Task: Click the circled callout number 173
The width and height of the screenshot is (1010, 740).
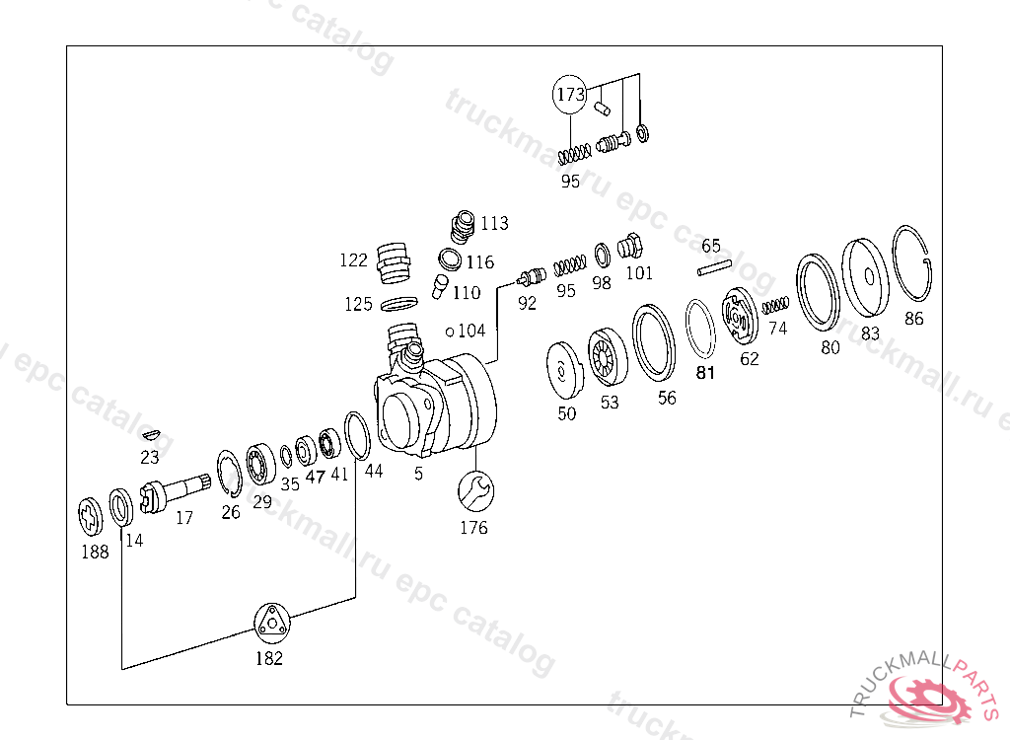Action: click(570, 95)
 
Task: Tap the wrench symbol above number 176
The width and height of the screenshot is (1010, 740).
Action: click(475, 489)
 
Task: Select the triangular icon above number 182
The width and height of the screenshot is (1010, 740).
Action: click(269, 624)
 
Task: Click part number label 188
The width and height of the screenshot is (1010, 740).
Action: click(95, 553)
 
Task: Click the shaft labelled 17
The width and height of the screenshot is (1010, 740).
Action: click(177, 489)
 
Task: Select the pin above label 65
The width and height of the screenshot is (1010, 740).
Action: click(713, 266)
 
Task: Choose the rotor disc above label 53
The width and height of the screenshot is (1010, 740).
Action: click(607, 356)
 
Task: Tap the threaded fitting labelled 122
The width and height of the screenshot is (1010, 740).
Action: click(393, 263)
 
